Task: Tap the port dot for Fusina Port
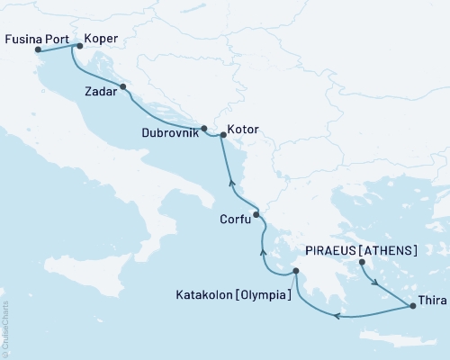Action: tap(38, 50)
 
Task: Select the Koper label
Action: tap(101, 40)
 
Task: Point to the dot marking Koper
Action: tap(79, 45)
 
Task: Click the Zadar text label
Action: tap(100, 91)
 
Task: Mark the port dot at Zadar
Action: tap(123, 87)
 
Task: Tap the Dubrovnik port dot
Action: tap(204, 128)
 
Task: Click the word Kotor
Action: tap(243, 130)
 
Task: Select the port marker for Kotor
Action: tap(222, 135)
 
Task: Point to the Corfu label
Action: tap(236, 218)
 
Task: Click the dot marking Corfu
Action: tap(256, 214)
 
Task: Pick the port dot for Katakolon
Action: tap(295, 271)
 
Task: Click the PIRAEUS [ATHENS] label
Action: tap(373, 249)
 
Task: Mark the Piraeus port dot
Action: tap(362, 263)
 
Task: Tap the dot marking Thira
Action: tap(413, 307)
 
